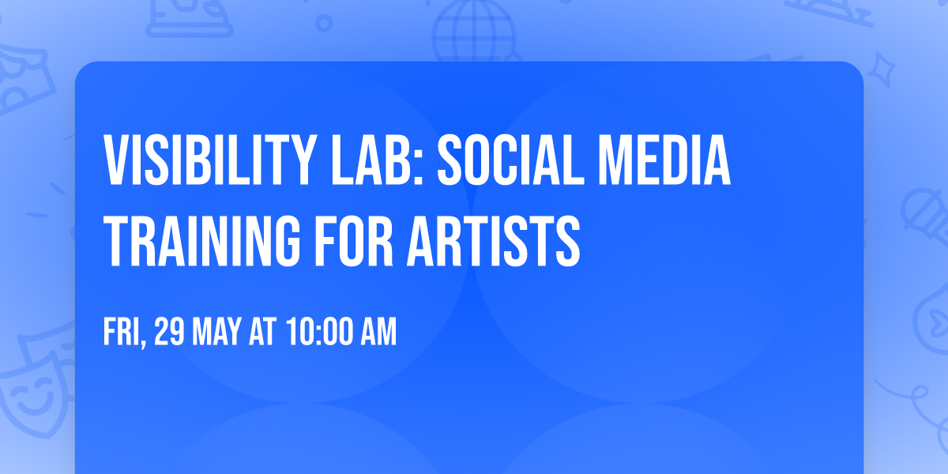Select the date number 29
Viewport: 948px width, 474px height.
click(169, 333)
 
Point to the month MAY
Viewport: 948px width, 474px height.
click(218, 333)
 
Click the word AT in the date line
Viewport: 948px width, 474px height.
click(262, 333)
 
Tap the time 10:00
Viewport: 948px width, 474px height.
click(319, 333)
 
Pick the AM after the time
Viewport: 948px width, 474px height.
click(378, 333)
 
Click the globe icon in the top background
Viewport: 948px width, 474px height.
click(472, 32)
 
